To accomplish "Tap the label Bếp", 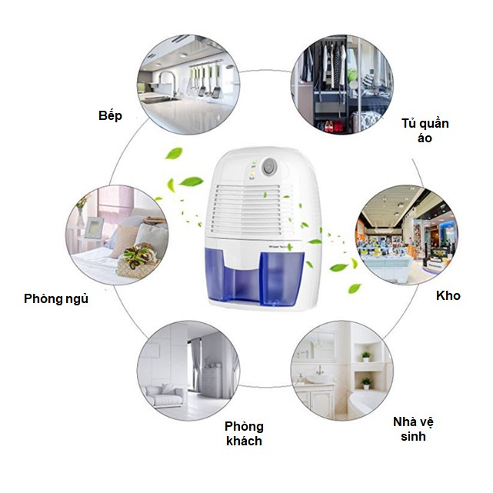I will point(111,115).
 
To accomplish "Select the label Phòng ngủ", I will point(56,298).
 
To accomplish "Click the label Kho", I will point(448,295).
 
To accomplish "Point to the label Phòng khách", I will point(244,434).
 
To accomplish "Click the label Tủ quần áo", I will point(425,131).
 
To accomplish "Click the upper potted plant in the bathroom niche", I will point(366,355).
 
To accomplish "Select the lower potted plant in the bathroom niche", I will point(366,382).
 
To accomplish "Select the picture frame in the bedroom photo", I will point(93,228).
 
